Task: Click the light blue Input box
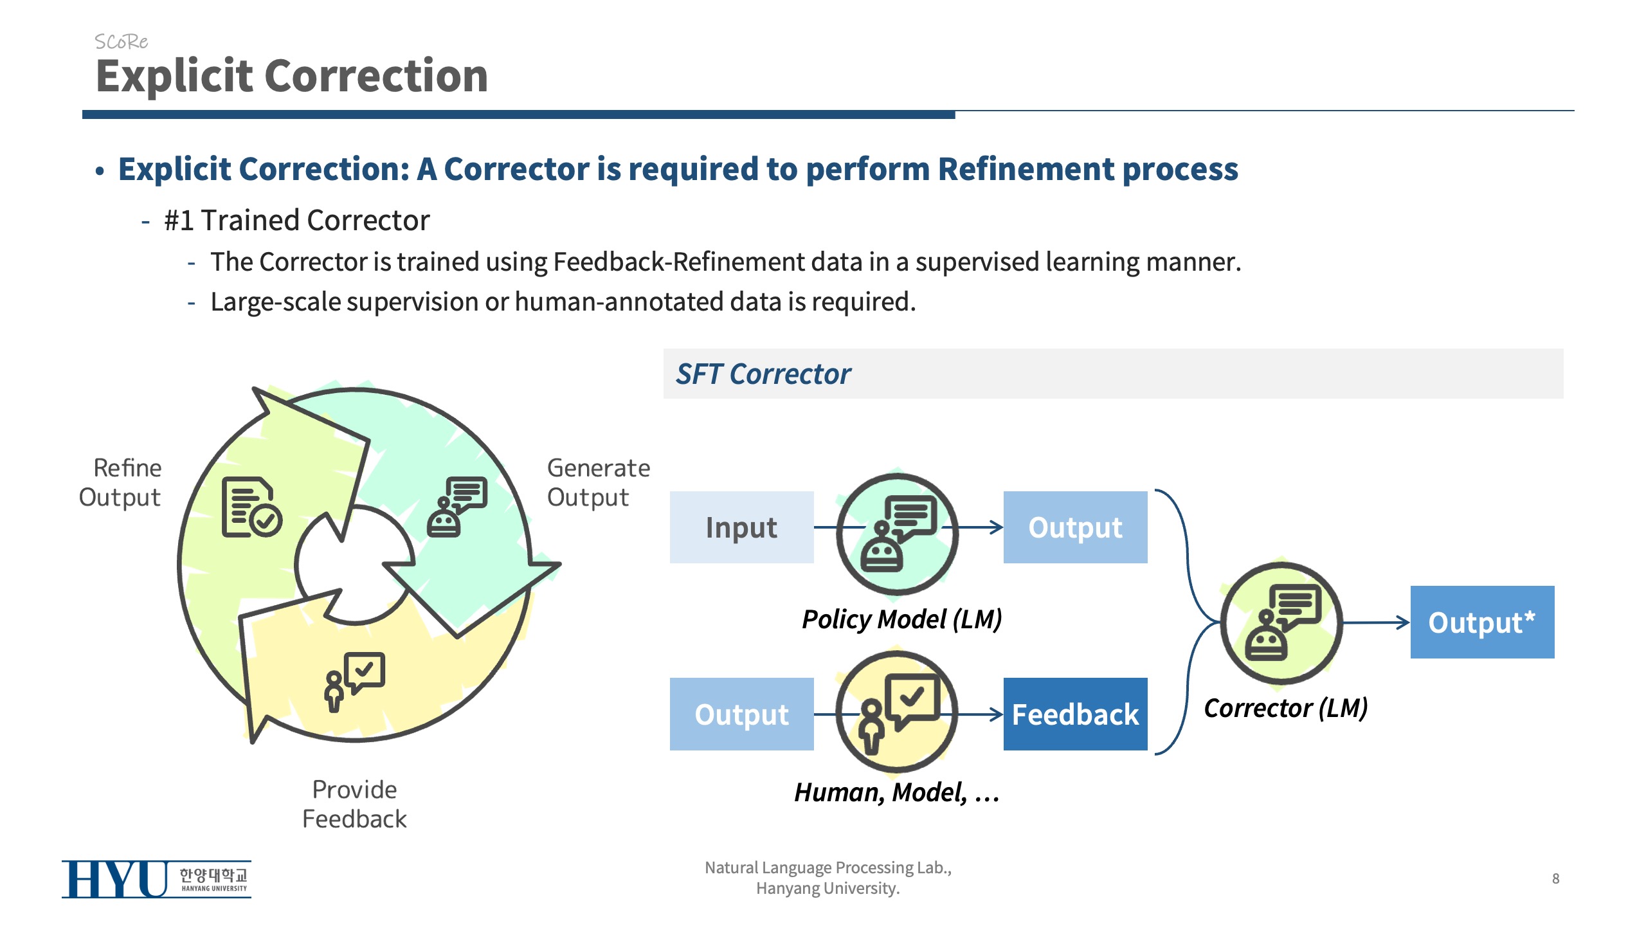[741, 527]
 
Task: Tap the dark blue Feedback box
[1075, 714]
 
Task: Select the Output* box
[1482, 622]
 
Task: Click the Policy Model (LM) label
[901, 619]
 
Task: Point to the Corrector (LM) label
[1285, 708]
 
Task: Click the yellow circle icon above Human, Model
[897, 711]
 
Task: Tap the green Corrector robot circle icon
[1281, 622]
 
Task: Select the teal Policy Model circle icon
[897, 534]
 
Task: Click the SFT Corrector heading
[763, 374]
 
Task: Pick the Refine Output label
[120, 482]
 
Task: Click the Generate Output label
[598, 482]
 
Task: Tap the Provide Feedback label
[354, 804]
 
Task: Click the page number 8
[1555, 878]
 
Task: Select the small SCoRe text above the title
[121, 42]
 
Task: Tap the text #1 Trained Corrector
[296, 221]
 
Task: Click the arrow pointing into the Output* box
[1376, 622]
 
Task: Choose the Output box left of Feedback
[741, 714]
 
